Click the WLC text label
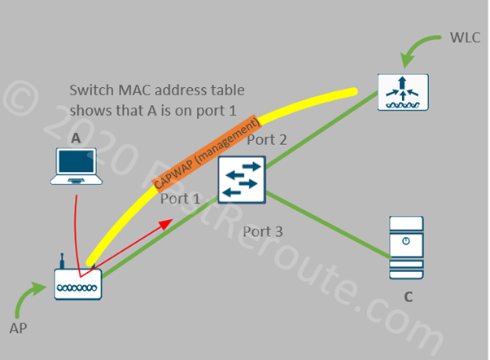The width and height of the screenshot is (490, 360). click(x=465, y=37)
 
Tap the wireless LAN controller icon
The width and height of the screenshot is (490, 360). click(x=400, y=92)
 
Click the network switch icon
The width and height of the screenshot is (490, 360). click(x=242, y=179)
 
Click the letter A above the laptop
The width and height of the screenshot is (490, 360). click(x=75, y=139)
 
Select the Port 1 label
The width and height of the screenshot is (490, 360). click(x=180, y=198)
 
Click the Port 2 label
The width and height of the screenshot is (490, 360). click(x=267, y=139)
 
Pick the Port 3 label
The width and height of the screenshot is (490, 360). click(x=263, y=232)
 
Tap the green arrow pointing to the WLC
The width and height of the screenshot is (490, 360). click(x=417, y=46)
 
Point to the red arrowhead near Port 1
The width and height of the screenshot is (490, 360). click(x=167, y=222)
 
